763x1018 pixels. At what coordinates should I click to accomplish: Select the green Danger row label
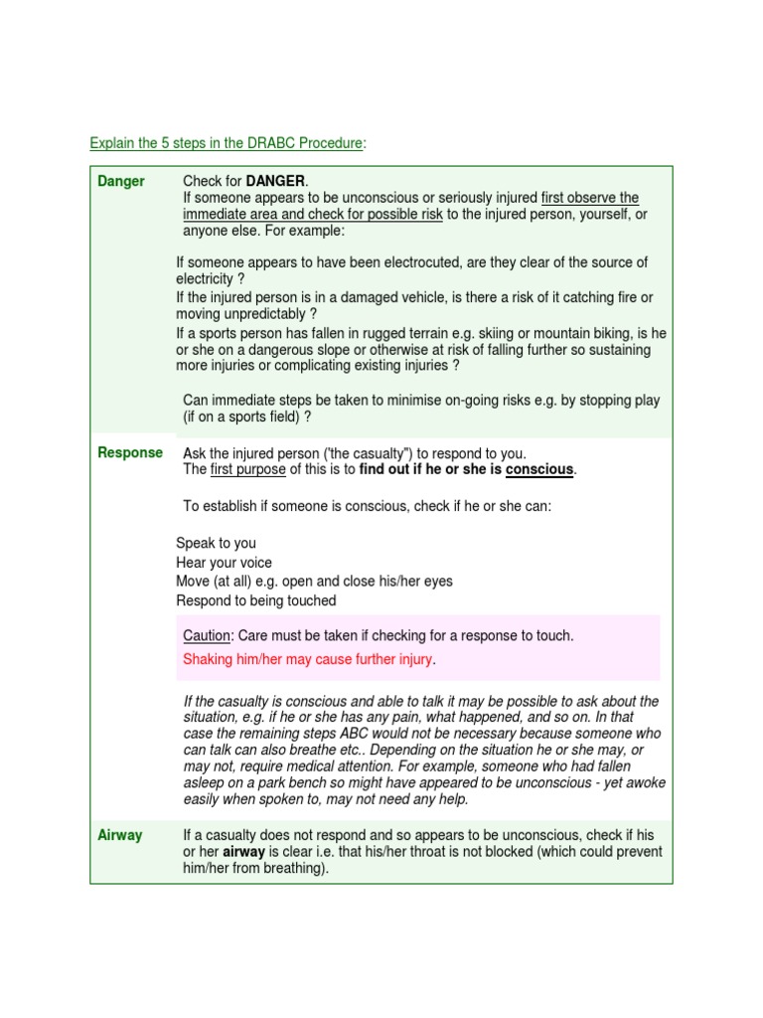[121, 181]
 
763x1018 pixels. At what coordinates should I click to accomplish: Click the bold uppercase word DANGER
[276, 181]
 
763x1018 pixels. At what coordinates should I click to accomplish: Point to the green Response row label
[130, 452]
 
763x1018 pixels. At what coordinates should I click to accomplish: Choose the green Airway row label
[120, 835]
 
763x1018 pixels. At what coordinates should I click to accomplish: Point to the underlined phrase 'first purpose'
[248, 469]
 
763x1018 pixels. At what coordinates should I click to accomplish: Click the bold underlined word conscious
[539, 469]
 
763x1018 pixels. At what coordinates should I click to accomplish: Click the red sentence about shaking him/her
[309, 659]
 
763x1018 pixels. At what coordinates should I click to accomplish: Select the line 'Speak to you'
[216, 543]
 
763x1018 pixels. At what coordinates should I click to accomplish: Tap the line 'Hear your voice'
[224, 563]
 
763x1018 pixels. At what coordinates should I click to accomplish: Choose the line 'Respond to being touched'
[256, 600]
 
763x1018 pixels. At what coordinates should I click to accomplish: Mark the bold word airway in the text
[244, 852]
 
